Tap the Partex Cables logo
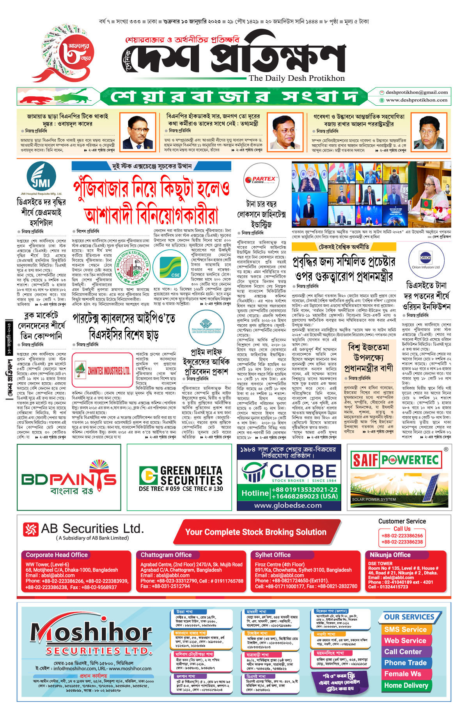(261, 180)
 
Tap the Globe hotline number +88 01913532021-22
(305, 490)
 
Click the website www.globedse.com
(288, 505)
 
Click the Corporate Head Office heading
(57, 555)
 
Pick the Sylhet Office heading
(273, 555)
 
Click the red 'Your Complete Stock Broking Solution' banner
(255, 532)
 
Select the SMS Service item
(405, 630)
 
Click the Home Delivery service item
(406, 685)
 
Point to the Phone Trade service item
(405, 663)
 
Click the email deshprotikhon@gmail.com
(417, 92)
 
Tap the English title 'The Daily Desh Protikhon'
(297, 78)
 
